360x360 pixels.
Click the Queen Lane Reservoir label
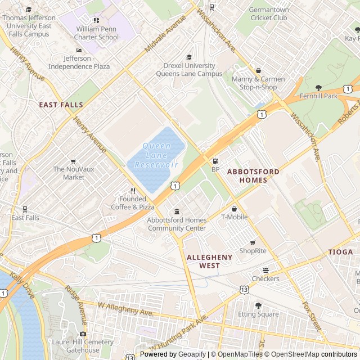pos(156,155)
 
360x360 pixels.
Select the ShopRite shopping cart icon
pos(253,242)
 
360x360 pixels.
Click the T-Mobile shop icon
pos(234,209)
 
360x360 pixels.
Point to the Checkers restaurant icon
pos(265,270)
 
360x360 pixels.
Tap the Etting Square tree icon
pos(258,305)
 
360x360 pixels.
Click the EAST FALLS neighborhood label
pos(61,105)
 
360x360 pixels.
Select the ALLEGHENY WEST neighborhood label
pos(209,261)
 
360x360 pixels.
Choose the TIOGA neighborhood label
pos(341,252)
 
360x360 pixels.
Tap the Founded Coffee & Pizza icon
pos(133,191)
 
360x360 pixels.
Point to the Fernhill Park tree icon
pos(318,88)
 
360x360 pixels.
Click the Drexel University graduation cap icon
pos(189,57)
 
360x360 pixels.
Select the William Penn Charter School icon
pos(97,20)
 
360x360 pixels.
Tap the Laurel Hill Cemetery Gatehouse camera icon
pos(83,334)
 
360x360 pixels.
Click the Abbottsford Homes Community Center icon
pos(177,211)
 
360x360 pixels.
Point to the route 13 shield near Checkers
pos(244,289)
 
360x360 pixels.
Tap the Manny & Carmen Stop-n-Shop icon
pos(258,71)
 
